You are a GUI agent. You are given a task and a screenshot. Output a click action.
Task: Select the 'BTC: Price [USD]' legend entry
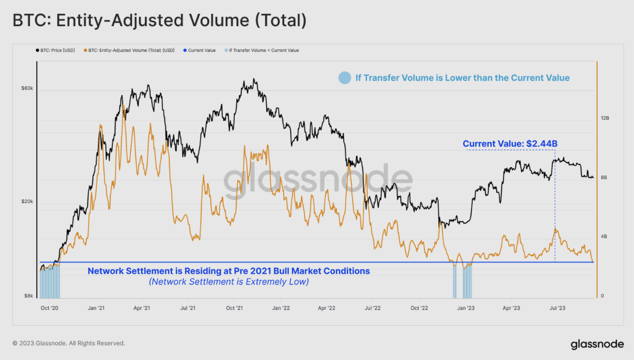click(x=57, y=51)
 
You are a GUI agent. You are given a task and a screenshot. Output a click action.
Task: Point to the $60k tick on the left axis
click(x=27, y=88)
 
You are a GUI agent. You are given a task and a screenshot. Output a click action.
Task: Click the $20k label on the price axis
click(x=27, y=202)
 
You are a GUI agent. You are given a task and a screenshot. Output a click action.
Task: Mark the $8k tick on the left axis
click(x=28, y=296)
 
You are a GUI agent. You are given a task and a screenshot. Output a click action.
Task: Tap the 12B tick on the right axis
click(x=604, y=118)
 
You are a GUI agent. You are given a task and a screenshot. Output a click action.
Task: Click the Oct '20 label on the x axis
click(x=50, y=308)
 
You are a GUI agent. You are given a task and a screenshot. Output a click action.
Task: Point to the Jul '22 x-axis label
click(x=373, y=308)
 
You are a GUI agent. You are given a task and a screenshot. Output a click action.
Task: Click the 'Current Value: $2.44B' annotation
click(x=510, y=144)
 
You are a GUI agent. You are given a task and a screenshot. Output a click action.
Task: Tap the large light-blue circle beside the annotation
click(x=345, y=78)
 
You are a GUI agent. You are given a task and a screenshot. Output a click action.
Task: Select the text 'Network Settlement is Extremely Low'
click(x=229, y=282)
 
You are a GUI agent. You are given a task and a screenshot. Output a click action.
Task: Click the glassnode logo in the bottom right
click(x=597, y=344)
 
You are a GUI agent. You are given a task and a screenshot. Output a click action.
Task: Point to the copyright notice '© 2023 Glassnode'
click(x=69, y=343)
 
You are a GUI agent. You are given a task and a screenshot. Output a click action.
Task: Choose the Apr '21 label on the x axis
click(x=141, y=308)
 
